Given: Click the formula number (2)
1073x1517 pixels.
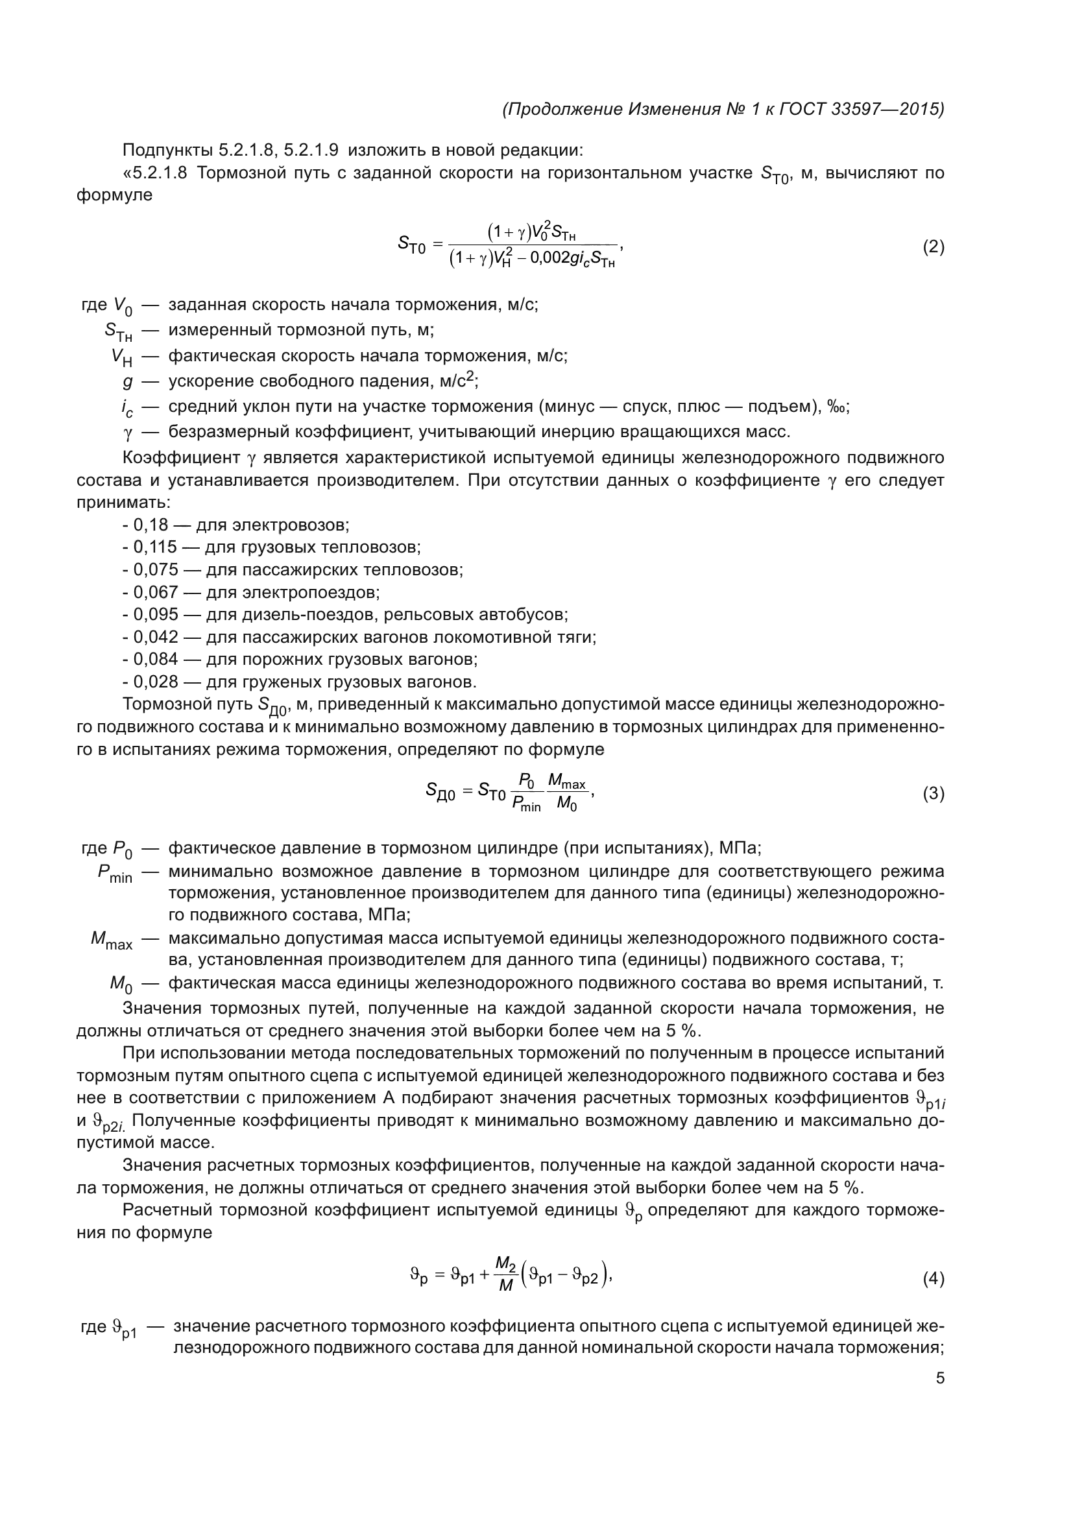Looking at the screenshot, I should point(933,247).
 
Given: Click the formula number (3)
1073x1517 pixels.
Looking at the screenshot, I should point(933,793).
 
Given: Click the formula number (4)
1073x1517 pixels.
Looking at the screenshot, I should point(933,1280).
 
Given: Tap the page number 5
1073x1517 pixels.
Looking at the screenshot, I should point(940,1378).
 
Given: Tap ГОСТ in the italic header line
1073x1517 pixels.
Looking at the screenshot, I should point(802,109).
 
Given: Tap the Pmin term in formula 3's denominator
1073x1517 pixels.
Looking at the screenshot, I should point(526,805).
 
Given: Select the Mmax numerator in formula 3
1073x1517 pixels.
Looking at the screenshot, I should point(566,783).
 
